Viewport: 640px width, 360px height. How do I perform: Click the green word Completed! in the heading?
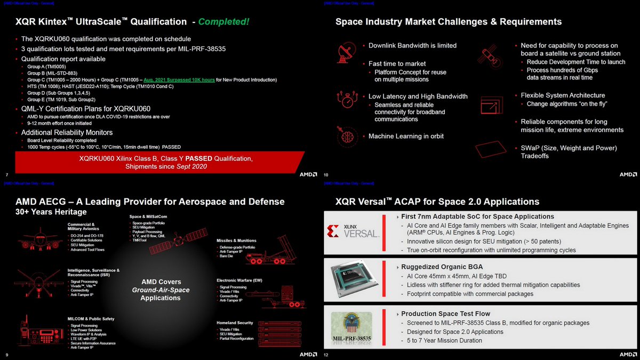point(223,22)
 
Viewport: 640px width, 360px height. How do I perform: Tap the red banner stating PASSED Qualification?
point(165,162)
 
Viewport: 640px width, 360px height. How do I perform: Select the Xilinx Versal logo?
point(354,231)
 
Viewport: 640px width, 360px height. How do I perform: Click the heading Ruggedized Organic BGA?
point(442,267)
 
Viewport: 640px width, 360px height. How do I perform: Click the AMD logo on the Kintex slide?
point(308,174)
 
